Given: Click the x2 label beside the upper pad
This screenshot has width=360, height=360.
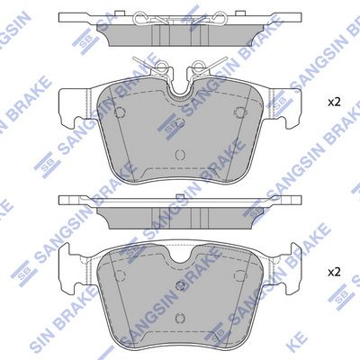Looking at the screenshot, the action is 334,103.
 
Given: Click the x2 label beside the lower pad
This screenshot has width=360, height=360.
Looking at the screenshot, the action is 334,273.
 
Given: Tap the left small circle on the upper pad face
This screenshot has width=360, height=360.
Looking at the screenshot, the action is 120,112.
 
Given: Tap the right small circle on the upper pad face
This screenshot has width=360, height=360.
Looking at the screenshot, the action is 240,112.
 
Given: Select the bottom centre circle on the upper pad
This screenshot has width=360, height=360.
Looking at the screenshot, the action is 180,155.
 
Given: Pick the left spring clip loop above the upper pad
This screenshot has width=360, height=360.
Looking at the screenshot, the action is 161,67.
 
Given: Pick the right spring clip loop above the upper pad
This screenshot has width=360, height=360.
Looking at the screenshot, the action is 199,67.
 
